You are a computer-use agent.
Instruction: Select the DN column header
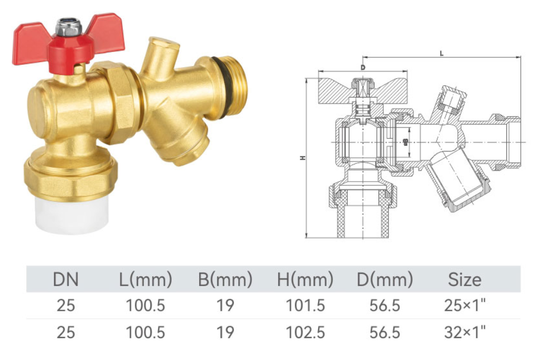click(66, 279)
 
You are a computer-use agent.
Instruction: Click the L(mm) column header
click(146, 279)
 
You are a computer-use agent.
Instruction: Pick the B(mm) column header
click(225, 279)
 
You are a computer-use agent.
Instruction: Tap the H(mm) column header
click(305, 279)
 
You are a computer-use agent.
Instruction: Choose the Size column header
click(465, 279)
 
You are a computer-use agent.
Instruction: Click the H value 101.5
click(305, 305)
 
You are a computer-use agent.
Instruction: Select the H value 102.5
click(305, 332)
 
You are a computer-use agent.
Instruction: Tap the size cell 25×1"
click(465, 305)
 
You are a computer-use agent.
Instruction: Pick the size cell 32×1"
click(465, 332)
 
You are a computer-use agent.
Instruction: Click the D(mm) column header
click(384, 279)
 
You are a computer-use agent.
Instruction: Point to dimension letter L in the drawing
click(441, 53)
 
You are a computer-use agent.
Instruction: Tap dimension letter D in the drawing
click(362, 67)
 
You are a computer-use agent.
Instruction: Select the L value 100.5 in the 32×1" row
click(146, 332)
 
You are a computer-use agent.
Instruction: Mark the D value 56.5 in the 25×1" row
click(384, 305)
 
